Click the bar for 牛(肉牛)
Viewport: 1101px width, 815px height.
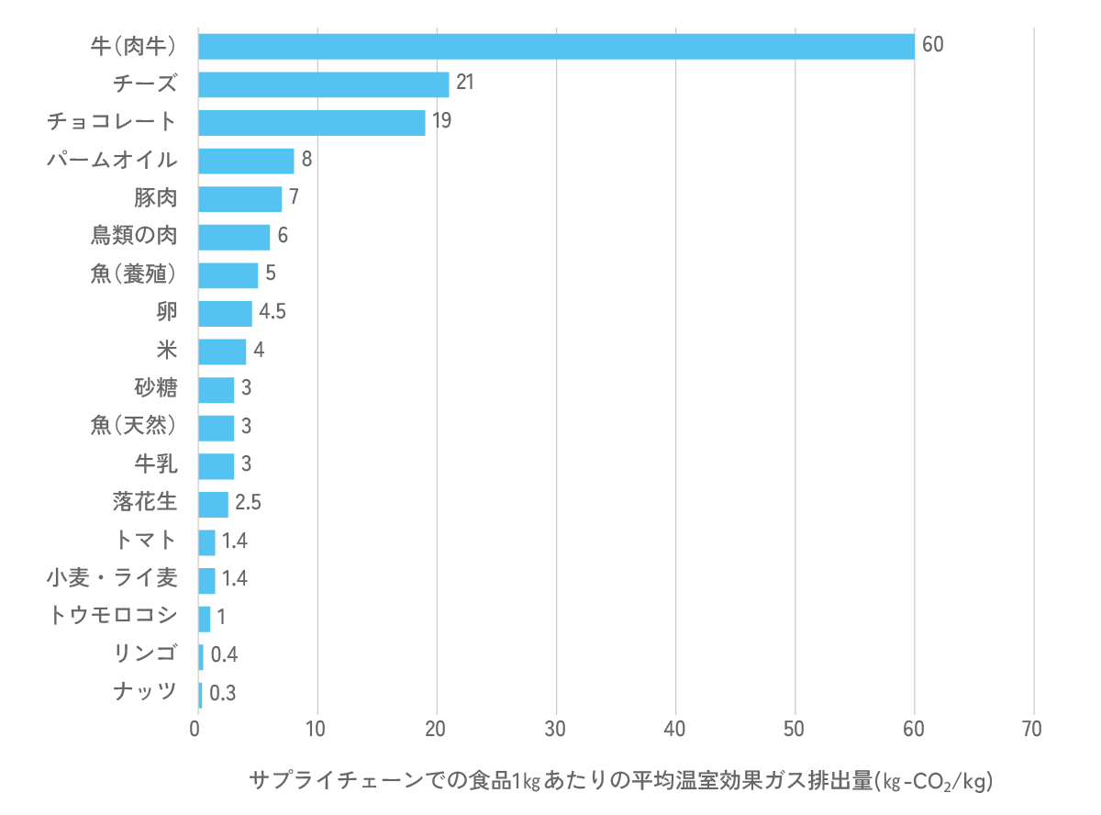tap(556, 46)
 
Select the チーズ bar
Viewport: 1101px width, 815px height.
tap(323, 84)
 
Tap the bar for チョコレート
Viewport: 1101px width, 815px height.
tap(311, 122)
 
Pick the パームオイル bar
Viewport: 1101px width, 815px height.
tap(246, 161)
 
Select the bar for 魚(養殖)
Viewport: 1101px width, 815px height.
tap(228, 274)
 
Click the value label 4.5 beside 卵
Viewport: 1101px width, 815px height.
tap(272, 312)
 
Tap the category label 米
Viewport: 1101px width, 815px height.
tap(166, 351)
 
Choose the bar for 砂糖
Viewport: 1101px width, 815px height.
tap(216, 389)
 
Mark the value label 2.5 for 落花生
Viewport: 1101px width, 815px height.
tap(249, 503)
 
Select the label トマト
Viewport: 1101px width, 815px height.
tap(146, 541)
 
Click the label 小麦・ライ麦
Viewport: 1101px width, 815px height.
tap(112, 578)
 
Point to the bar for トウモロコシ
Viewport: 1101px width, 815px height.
tap(204, 618)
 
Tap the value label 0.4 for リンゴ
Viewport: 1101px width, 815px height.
tap(224, 655)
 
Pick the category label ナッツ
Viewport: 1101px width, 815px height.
tap(146, 692)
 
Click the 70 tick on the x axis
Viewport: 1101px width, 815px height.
tap(1033, 730)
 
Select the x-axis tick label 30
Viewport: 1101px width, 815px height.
tap(556, 730)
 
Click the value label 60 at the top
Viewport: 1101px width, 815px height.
tap(932, 46)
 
